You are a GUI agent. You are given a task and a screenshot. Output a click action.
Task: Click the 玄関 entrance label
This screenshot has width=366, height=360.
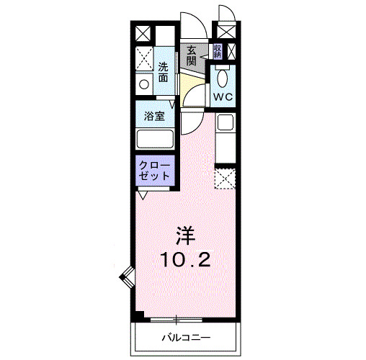(x=192, y=55)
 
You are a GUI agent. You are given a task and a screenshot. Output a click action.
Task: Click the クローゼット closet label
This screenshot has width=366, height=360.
(x=154, y=169)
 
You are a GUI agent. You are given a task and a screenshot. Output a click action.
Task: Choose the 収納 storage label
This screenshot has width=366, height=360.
(x=217, y=51)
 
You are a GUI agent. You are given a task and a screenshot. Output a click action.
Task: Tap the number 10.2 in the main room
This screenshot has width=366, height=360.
(x=186, y=258)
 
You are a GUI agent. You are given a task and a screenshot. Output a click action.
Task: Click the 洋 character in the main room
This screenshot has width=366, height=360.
(x=186, y=234)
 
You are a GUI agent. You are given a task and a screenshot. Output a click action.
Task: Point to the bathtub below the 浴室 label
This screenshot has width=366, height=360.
(x=155, y=140)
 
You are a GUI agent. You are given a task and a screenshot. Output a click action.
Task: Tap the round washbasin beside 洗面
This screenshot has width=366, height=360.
(x=144, y=84)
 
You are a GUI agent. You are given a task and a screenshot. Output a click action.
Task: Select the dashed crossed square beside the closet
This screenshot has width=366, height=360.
(x=225, y=178)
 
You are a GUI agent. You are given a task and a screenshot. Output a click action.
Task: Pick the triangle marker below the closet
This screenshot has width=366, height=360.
(x=143, y=194)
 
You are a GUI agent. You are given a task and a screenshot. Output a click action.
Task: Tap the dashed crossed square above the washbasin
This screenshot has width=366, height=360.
(x=144, y=58)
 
